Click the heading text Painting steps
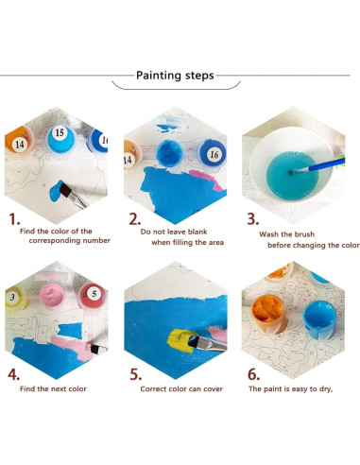[175, 76]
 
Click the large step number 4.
[13, 374]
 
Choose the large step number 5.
[134, 374]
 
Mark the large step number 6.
[253, 374]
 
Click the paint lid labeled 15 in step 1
[59, 134]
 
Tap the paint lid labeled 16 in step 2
[214, 153]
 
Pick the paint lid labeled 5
[93, 294]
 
